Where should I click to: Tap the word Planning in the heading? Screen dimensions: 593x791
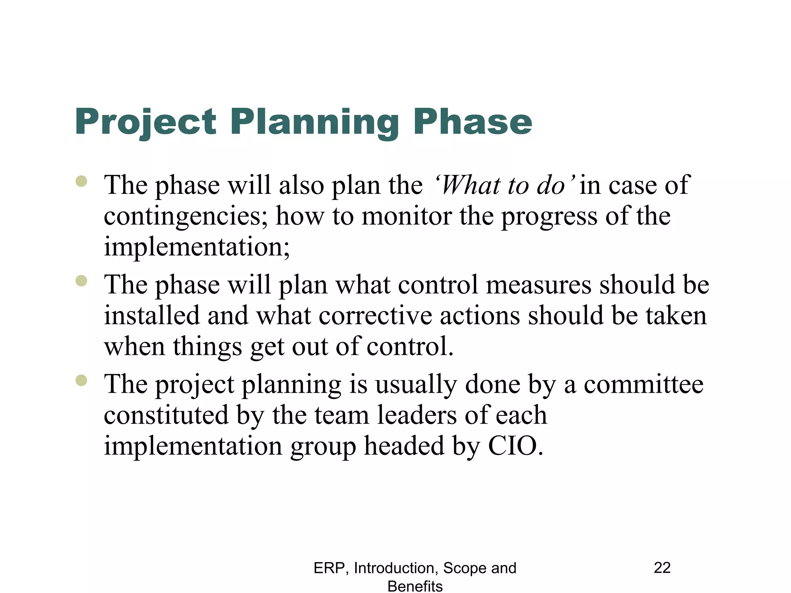click(x=315, y=123)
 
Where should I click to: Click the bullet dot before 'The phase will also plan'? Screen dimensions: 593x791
click(x=81, y=181)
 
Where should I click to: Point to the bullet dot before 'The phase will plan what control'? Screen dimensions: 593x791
click(x=81, y=281)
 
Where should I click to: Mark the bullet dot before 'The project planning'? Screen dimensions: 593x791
click(x=81, y=380)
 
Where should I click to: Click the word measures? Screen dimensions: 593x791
click(x=538, y=285)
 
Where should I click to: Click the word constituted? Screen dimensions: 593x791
click(x=166, y=415)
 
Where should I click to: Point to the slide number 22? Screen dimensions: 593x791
click(x=662, y=568)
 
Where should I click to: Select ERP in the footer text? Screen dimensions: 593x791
click(x=328, y=568)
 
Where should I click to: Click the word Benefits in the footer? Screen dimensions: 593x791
click(x=415, y=586)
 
